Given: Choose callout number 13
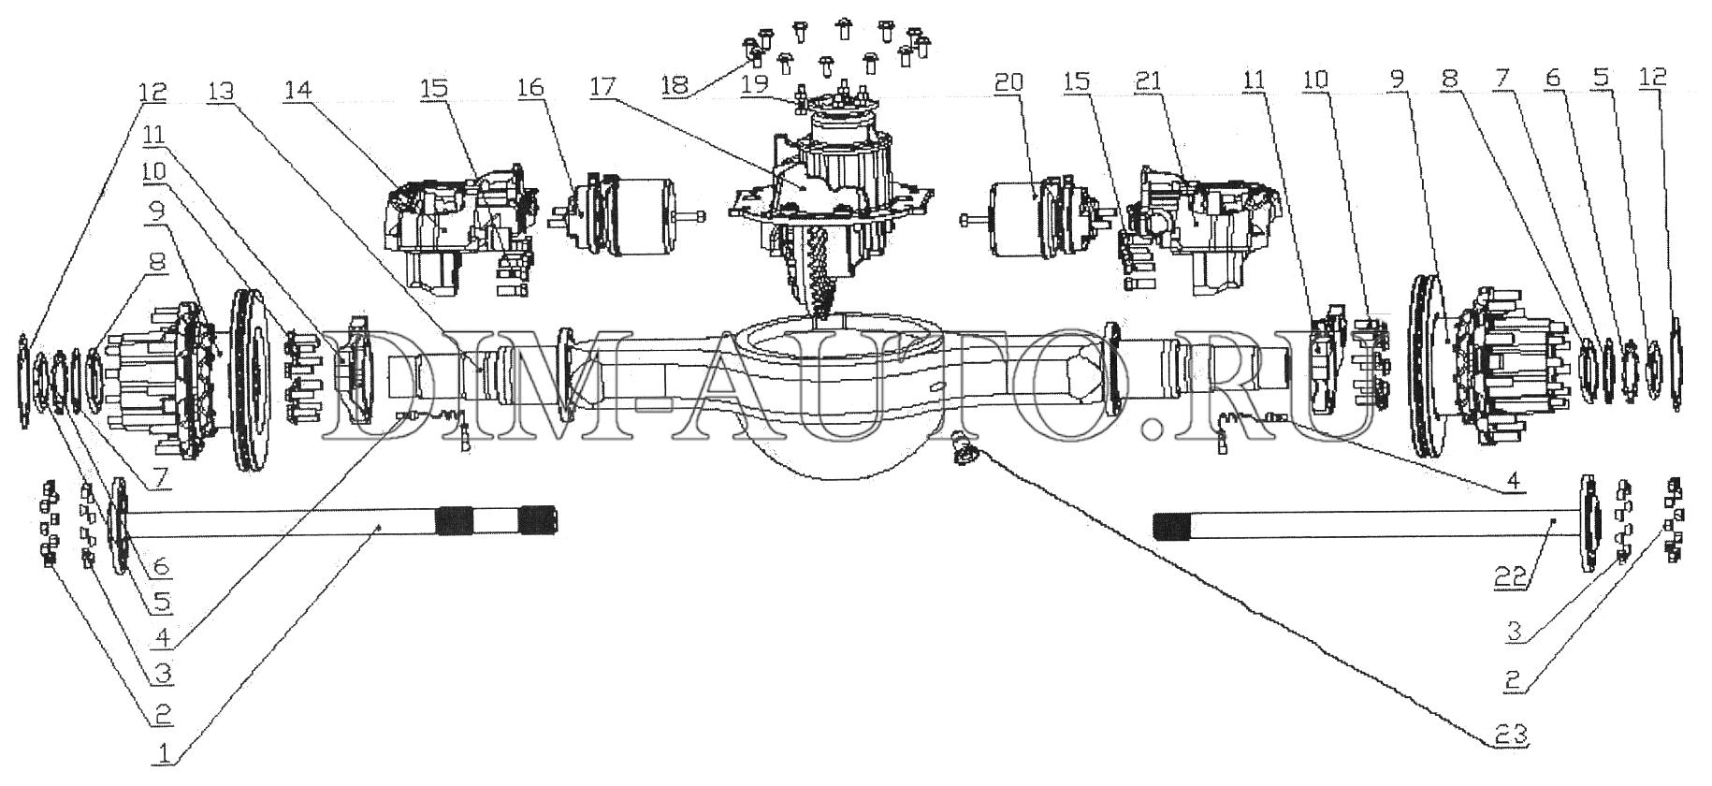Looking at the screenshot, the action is [x=221, y=92].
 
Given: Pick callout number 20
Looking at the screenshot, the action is [x=1009, y=82].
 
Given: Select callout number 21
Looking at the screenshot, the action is [x=1149, y=81].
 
